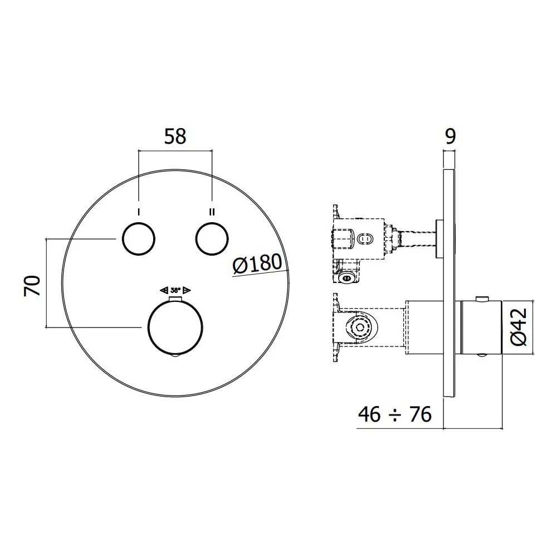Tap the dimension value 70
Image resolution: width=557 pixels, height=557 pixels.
coord(32,286)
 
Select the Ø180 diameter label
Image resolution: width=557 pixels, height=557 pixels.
coord(257,263)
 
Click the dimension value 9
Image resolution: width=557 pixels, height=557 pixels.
coord(450,136)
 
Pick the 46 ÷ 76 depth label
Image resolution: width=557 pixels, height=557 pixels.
coord(395,414)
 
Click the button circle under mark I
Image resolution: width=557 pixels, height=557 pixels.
coord(139,239)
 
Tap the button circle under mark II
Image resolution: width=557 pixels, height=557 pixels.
coord(212,239)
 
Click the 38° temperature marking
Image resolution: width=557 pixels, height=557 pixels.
coord(175,290)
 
